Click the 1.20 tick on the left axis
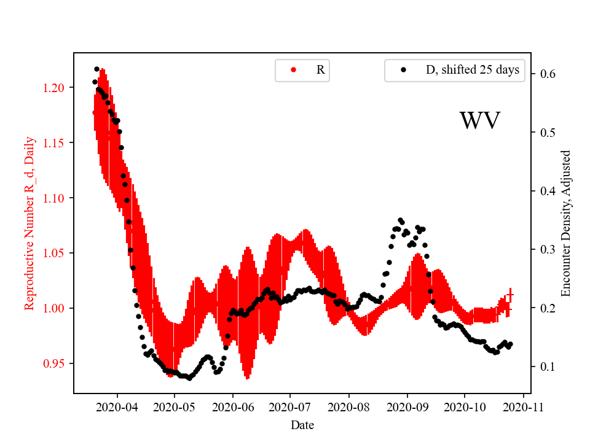tap(55, 88)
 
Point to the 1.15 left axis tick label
tap(55, 143)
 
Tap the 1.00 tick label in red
tap(55, 308)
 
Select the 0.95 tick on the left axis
tap(55, 363)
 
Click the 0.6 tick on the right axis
tap(548, 74)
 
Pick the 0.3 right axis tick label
tap(548, 249)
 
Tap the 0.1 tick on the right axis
tap(548, 366)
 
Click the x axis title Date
tap(302, 424)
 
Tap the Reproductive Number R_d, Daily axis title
tap(29, 223)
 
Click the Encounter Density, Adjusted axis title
tap(566, 223)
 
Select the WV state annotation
tap(480, 121)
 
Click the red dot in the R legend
tap(293, 70)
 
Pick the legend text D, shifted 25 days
tap(473, 70)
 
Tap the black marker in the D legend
tap(403, 70)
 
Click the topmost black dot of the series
tap(96, 69)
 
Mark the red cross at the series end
tap(509, 296)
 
